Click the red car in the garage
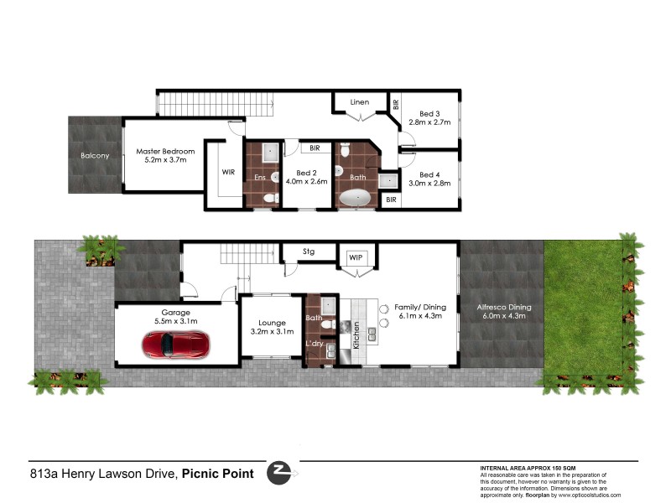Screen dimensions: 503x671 [x=175, y=344]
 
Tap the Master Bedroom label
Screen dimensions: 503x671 [x=165, y=152]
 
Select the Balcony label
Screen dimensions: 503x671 [x=95, y=156]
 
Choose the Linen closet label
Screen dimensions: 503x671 [x=359, y=102]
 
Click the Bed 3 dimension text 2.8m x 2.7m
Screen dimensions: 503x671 [x=429, y=122]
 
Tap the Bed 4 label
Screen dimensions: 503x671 [x=429, y=174]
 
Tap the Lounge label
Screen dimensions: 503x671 [x=272, y=323]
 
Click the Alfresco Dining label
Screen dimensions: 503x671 [x=502, y=307]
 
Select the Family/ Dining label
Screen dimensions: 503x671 [x=420, y=307]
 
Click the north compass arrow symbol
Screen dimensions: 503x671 [x=279, y=473]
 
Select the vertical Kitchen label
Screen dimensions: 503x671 [x=355, y=334]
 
